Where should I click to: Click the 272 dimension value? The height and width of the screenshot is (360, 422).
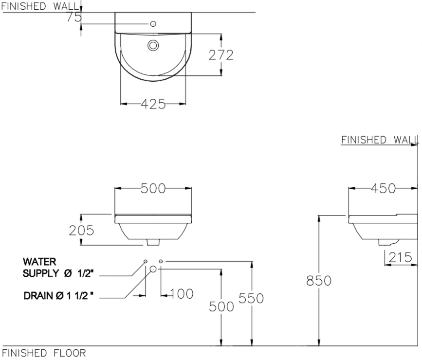tap(221, 55)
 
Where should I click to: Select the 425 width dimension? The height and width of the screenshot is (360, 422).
tap(153, 104)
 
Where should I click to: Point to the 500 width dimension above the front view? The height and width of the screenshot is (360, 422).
tap(153, 188)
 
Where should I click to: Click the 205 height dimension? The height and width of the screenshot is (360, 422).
tap(81, 230)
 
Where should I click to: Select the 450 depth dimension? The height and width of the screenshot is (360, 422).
tap(383, 188)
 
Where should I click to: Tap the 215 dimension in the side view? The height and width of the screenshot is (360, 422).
tap(402, 256)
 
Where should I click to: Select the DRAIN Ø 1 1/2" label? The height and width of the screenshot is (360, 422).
tap(58, 295)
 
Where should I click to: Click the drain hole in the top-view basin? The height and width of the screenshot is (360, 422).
tap(153, 46)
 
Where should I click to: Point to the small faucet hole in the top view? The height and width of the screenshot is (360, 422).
tap(153, 23)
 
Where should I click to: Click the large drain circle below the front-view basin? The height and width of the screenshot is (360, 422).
tap(153, 269)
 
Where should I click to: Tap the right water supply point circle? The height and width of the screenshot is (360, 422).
tap(161, 261)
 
